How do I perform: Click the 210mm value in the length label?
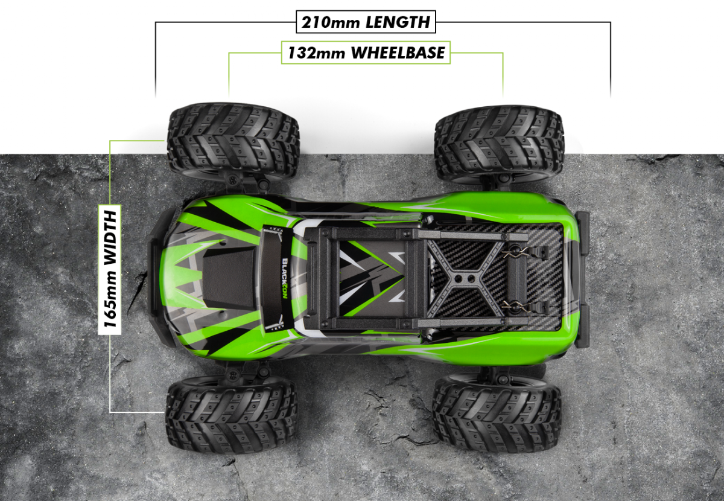coord(331,22)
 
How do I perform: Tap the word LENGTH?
coord(398,22)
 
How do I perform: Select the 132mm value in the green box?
coord(316,53)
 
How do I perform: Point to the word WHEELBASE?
coord(398,53)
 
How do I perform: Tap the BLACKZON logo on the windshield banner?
coord(285,278)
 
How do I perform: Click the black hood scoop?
coord(229,278)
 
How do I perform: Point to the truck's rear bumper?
coord(581,279)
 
